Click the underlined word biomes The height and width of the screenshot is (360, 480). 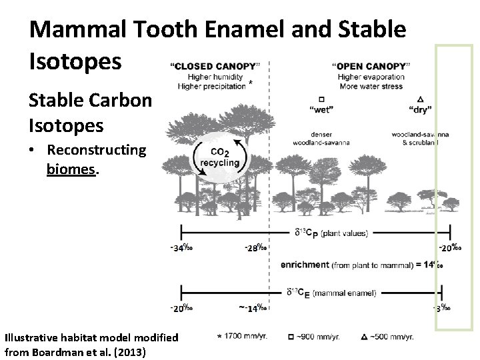(72, 169)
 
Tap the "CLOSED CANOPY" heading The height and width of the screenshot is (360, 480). (213, 66)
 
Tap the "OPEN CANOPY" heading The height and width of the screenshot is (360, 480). (370, 66)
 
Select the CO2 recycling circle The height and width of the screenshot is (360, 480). (219, 158)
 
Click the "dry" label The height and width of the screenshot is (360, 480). (419, 108)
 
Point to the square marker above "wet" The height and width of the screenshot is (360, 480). (321, 98)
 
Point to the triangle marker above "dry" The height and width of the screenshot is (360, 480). (419, 98)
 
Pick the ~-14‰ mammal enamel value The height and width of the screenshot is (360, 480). (253, 308)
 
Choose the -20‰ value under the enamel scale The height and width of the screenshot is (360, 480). (181, 308)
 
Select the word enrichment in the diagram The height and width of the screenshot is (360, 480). (305, 265)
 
